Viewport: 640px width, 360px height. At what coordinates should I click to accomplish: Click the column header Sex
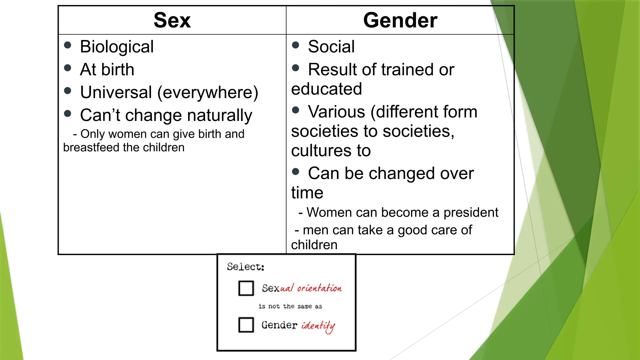[172, 20]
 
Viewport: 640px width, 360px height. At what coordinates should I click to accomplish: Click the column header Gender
[400, 20]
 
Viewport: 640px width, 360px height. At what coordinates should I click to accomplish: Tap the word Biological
[117, 47]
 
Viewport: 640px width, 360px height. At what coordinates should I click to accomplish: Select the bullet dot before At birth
[67, 68]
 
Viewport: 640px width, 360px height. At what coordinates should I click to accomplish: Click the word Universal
[116, 92]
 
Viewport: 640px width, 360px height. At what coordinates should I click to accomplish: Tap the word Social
[331, 47]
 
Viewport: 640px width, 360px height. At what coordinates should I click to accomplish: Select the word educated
[326, 89]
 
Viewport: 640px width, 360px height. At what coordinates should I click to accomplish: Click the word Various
[336, 112]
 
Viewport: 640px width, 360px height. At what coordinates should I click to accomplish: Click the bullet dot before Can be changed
[296, 171]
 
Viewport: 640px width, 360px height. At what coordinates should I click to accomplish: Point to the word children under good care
[314, 245]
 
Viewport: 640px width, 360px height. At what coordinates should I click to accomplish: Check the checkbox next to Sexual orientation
[246, 288]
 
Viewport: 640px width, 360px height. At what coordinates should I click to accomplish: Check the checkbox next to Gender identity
[246, 325]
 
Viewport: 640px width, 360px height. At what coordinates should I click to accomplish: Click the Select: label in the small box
[246, 267]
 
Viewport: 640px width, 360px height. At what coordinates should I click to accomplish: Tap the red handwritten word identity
[318, 326]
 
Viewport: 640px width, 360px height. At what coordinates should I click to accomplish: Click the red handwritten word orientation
[319, 288]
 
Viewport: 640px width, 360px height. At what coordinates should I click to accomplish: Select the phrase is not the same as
[290, 307]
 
